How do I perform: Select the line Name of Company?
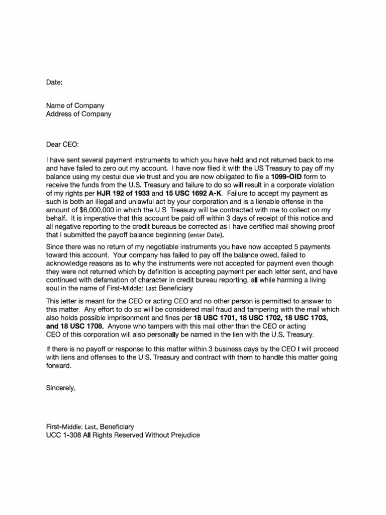click(75, 106)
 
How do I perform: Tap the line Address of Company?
click(78, 114)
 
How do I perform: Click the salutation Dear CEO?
click(63, 145)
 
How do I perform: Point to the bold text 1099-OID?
click(286, 178)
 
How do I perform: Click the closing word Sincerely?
click(61, 387)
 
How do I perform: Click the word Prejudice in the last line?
click(184, 435)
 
